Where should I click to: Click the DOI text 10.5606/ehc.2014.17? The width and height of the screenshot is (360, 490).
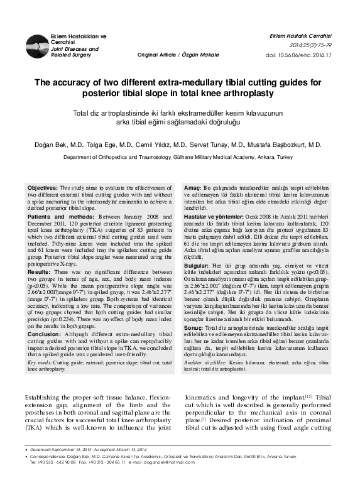pyautogui.click(x=320, y=55)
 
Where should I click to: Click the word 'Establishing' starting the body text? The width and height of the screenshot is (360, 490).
pyautogui.click(x=45, y=398)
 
